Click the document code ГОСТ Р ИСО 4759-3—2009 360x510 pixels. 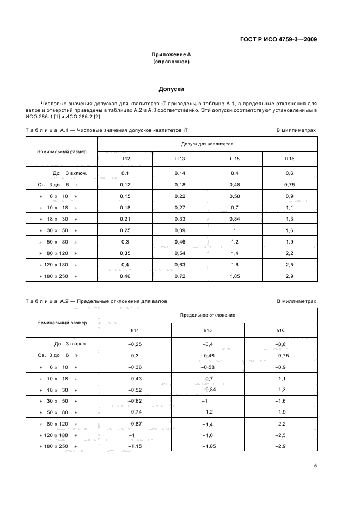(278, 39)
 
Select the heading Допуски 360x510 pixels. (171, 88)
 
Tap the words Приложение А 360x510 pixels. (171, 54)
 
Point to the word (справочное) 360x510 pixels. (171, 62)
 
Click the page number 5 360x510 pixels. (315, 465)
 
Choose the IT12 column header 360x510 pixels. (125, 159)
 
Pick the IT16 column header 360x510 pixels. (289, 159)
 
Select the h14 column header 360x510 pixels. (135, 330)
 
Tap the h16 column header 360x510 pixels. (280, 330)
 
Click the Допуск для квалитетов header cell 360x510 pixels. (207, 144)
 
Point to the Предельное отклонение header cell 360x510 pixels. (207, 315)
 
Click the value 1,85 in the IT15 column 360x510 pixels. (234, 276)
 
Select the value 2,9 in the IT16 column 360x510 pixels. (289, 276)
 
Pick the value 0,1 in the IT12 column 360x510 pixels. (125, 173)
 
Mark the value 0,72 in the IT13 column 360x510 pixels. (180, 276)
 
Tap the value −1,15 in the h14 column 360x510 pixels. (135, 447)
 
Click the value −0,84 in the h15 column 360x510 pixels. (208, 389)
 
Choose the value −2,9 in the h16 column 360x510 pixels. (280, 447)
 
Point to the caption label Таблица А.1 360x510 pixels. (46, 130)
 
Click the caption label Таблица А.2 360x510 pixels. (46, 301)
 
